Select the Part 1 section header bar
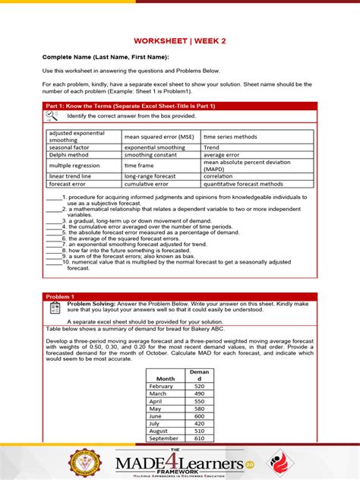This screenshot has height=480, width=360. point(180,106)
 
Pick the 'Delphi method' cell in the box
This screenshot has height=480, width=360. point(68,154)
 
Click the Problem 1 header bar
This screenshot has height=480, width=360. point(180,296)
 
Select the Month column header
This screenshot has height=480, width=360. point(165,378)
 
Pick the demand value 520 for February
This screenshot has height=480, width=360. point(199,386)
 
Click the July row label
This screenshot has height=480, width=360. point(156,424)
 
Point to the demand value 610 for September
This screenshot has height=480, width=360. point(199,439)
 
